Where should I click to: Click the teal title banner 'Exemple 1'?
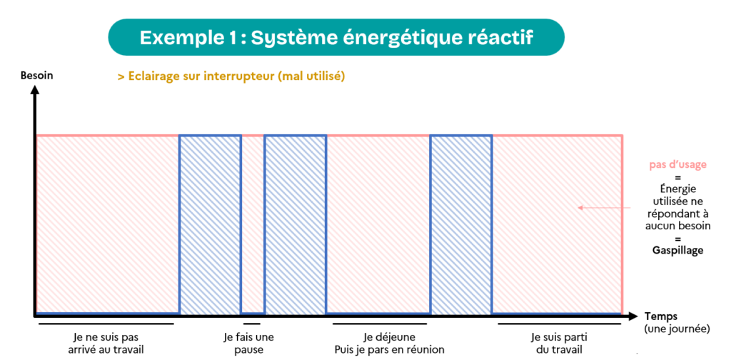[x=336, y=37]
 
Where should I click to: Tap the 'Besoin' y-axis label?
[x=37, y=76]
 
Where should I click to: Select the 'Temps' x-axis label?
[x=662, y=316]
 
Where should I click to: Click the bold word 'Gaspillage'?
[x=678, y=251]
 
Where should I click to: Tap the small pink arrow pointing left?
[x=604, y=208]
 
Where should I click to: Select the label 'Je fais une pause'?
[x=249, y=343]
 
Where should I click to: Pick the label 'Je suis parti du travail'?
[x=559, y=343]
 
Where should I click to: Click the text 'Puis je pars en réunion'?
[x=389, y=349]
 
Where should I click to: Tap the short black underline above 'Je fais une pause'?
[x=252, y=323]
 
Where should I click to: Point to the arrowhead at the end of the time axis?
[x=632, y=316]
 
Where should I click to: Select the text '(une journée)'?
[x=677, y=329]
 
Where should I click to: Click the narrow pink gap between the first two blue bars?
[x=253, y=224]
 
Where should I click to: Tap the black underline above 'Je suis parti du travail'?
[x=560, y=323]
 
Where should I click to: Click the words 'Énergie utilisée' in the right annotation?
[x=678, y=196]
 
